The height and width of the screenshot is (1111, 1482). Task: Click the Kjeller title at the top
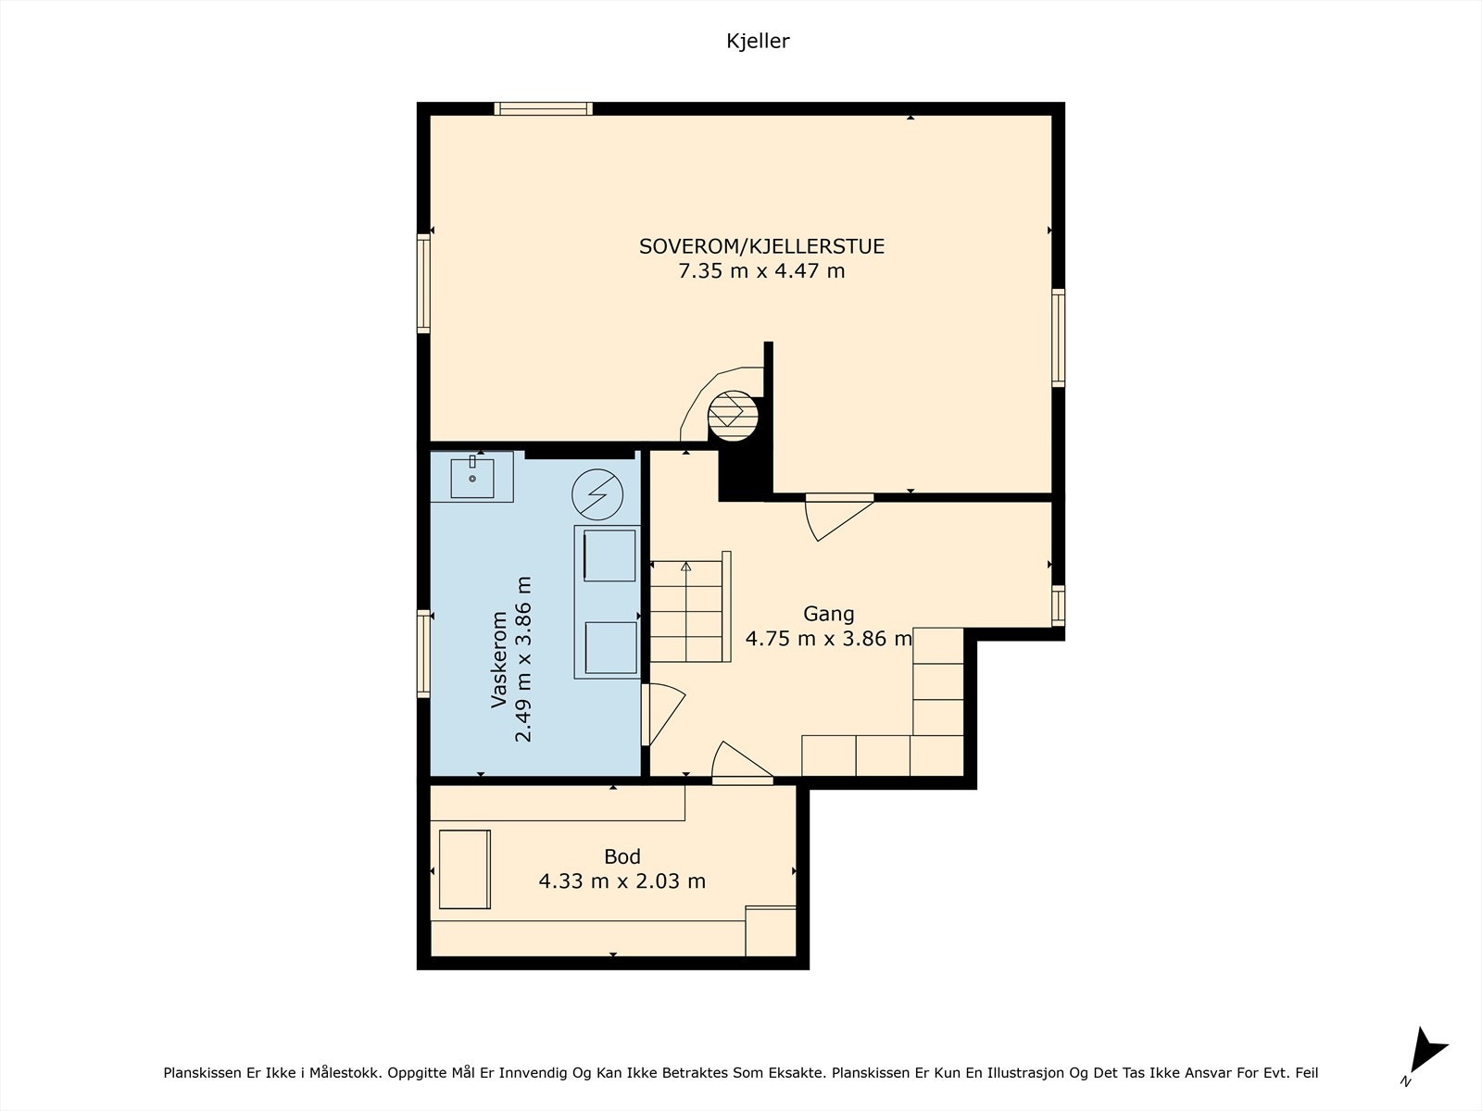tap(758, 41)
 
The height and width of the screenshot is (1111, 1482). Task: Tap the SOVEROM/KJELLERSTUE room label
tap(761, 246)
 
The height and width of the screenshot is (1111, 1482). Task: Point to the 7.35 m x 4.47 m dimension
tap(761, 271)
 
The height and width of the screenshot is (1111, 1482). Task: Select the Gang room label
tap(828, 615)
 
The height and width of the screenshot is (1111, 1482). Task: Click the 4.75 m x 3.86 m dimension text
tap(828, 638)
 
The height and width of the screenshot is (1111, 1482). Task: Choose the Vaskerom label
tap(499, 659)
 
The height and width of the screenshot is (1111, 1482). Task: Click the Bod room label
tap(622, 856)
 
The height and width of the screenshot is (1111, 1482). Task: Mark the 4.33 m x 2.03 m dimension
tap(622, 881)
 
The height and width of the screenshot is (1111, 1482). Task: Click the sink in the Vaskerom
tap(472, 477)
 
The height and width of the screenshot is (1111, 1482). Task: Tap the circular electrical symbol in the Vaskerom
tap(597, 494)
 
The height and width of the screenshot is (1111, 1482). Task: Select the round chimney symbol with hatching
tap(734, 417)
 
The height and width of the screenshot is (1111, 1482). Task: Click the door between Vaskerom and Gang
tap(663, 714)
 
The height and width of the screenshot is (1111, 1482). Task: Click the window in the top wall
tap(543, 108)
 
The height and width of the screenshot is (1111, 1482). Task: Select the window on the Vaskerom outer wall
tap(423, 654)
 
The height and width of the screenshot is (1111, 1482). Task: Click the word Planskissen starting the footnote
tap(200, 1072)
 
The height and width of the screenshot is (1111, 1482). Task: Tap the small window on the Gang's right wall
tap(1058, 605)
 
